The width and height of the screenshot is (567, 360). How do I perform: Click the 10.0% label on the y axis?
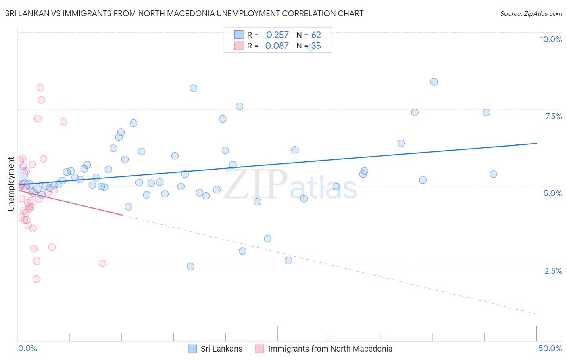click(x=550, y=39)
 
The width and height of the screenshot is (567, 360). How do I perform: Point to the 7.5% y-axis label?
click(x=553, y=116)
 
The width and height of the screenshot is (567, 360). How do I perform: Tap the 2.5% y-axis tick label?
click(x=553, y=271)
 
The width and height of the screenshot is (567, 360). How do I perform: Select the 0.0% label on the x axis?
click(x=27, y=348)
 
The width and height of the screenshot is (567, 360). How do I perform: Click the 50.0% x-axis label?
click(x=550, y=348)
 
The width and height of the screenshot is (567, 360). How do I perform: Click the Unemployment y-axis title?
click(x=11, y=184)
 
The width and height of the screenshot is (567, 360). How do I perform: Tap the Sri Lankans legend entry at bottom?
click(x=221, y=349)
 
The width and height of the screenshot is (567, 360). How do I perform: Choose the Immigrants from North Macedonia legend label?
click(x=330, y=349)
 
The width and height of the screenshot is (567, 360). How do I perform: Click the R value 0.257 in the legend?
click(x=277, y=35)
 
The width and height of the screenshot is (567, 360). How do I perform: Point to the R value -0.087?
click(x=275, y=46)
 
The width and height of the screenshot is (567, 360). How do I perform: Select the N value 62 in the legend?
click(x=316, y=35)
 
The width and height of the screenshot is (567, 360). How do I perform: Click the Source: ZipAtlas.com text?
click(x=531, y=14)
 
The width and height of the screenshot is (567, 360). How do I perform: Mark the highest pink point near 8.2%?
click(x=40, y=88)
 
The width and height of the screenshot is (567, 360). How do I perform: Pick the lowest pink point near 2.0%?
click(x=36, y=279)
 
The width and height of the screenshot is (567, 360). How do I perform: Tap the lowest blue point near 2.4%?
click(x=191, y=266)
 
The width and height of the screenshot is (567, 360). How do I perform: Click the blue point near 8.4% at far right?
click(x=434, y=82)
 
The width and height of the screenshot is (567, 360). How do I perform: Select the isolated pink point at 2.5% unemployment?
click(x=102, y=263)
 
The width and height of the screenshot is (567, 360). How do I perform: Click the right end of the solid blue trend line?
click(x=537, y=143)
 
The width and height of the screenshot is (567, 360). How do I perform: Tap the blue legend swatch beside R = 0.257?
click(x=239, y=35)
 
